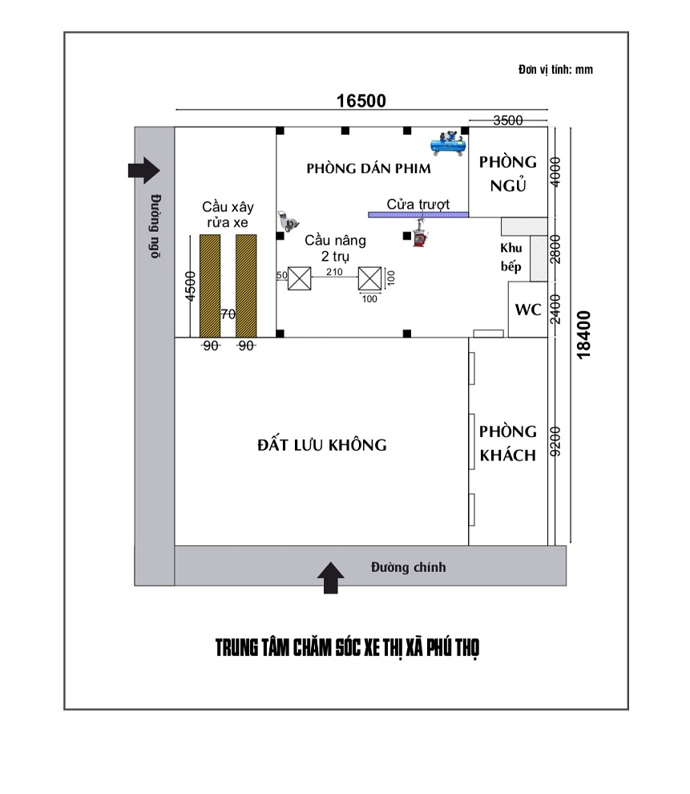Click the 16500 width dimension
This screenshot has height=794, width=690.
coord(361,101)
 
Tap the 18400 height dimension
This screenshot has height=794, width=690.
coord(583,334)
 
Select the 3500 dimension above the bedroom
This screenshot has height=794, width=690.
coord(508,120)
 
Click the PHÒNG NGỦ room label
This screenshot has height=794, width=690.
coord(508,174)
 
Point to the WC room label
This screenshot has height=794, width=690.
coord(527,310)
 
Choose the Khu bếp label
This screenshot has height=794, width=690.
coord(511,257)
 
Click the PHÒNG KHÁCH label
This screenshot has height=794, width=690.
coord(508,444)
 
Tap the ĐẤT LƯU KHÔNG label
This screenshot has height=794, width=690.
coord(321,445)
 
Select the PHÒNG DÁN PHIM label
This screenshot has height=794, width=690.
coord(369,168)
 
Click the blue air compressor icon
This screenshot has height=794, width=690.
coord(448,144)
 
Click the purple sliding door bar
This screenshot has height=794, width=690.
coord(418,215)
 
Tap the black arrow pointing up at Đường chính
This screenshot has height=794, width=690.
coord(331,577)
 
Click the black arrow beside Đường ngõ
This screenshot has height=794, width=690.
coord(144,170)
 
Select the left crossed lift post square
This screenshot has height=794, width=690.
coord(300,278)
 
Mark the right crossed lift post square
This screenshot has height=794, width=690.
coord(369,278)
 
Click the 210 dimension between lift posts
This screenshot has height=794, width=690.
coord(334,272)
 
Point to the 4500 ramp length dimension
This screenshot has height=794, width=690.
coord(190,286)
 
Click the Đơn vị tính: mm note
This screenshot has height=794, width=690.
coord(555,69)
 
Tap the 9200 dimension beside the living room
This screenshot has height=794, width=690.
coord(555,442)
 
